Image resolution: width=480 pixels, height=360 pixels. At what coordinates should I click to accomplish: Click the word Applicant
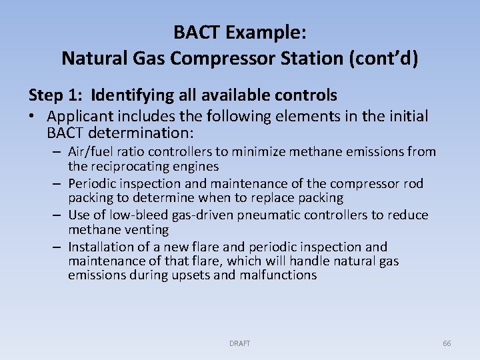pyautogui.click(x=77, y=117)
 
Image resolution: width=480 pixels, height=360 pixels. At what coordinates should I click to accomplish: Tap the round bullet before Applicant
pyautogui.click(x=32, y=117)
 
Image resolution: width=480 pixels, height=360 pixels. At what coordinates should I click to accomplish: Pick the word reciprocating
pyautogui.click(x=129, y=166)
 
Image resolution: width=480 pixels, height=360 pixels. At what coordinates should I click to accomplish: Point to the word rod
pyautogui.click(x=413, y=183)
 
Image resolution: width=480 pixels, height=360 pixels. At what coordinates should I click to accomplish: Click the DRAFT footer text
pyautogui.click(x=239, y=343)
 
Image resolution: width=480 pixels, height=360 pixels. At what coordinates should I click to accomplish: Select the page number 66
pyautogui.click(x=447, y=343)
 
